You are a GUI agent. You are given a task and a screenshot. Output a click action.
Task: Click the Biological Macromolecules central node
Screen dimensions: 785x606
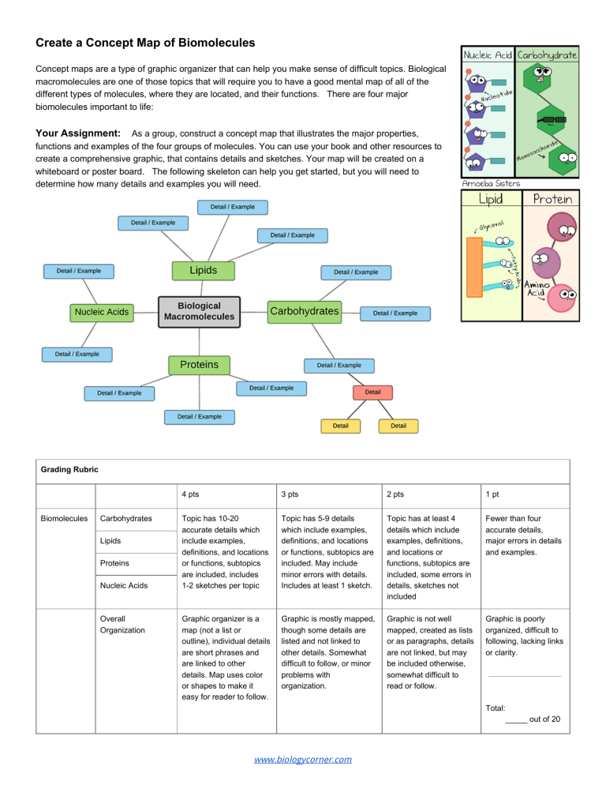click(199, 311)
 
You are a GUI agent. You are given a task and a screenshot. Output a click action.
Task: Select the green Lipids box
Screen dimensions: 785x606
click(204, 270)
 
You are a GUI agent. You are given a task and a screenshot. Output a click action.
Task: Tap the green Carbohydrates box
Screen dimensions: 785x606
click(304, 311)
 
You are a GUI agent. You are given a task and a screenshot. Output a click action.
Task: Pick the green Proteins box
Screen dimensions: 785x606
click(199, 365)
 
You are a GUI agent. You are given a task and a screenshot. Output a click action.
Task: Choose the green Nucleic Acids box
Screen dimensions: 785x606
click(102, 313)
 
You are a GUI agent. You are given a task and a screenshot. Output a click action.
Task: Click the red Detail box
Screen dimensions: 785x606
click(372, 392)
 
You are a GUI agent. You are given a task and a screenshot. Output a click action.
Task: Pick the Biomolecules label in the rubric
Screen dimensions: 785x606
click(65, 519)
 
